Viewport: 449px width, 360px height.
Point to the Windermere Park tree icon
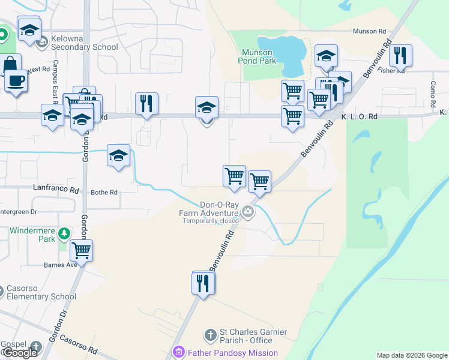click(x=64, y=233)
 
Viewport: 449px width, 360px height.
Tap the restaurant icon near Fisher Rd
click(x=400, y=56)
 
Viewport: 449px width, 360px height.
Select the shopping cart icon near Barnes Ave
click(x=81, y=250)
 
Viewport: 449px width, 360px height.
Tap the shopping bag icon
click(x=11, y=64)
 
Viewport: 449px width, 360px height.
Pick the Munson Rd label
click(x=369, y=31)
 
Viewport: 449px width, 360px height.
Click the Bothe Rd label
click(x=104, y=193)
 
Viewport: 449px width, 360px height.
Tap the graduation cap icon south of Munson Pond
click(x=326, y=56)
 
